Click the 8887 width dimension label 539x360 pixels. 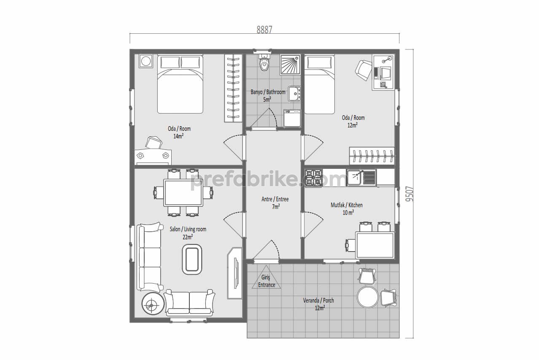pyautogui.click(x=264, y=30)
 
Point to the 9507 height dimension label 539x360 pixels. pyautogui.click(x=409, y=194)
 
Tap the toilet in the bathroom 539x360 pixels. pyautogui.click(x=264, y=62)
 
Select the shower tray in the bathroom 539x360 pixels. pyautogui.click(x=290, y=65)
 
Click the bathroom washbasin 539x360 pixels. pyautogui.click(x=294, y=94)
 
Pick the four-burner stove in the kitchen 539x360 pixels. pyautogui.click(x=313, y=178)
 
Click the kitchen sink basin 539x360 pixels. pyautogui.click(x=354, y=178)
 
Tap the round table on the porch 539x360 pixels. pyautogui.click(x=367, y=297)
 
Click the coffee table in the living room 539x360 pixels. pyautogui.click(x=192, y=260)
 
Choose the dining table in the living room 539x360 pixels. pyautogui.click(x=183, y=192)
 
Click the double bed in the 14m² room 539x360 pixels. pyautogui.click(x=180, y=84)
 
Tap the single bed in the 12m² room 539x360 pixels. pyautogui.click(x=320, y=84)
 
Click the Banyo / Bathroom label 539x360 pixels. pyautogui.click(x=268, y=92)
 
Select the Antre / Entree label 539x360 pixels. pyautogui.click(x=275, y=199)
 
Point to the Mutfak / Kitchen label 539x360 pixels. pyautogui.click(x=347, y=205)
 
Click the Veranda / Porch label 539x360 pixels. pyautogui.click(x=318, y=300)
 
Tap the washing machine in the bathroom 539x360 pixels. pyautogui.click(x=292, y=118)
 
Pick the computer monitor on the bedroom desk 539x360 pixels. pyautogui.click(x=385, y=73)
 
